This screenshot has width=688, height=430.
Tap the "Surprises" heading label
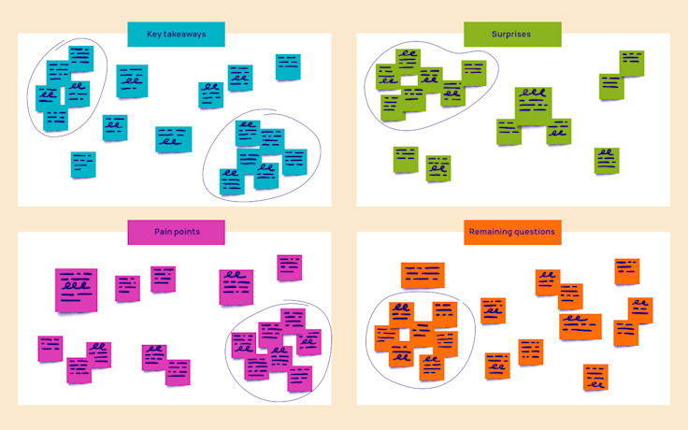click(x=512, y=36)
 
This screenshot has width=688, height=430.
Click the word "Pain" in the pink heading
click(x=165, y=232)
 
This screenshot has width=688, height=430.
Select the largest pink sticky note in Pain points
click(x=76, y=290)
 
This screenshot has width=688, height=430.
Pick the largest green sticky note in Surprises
click(x=533, y=105)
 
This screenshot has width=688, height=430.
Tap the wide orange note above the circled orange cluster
click(x=423, y=275)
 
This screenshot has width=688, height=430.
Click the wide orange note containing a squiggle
click(x=580, y=326)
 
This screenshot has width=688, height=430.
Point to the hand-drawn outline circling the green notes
click(x=496, y=62)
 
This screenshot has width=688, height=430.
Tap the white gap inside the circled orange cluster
click(x=406, y=335)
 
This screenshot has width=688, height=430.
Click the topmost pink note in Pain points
click(x=289, y=267)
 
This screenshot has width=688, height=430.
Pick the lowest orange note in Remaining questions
click(x=595, y=378)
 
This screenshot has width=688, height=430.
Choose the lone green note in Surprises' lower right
click(x=607, y=161)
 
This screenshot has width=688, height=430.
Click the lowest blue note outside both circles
click(x=83, y=165)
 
